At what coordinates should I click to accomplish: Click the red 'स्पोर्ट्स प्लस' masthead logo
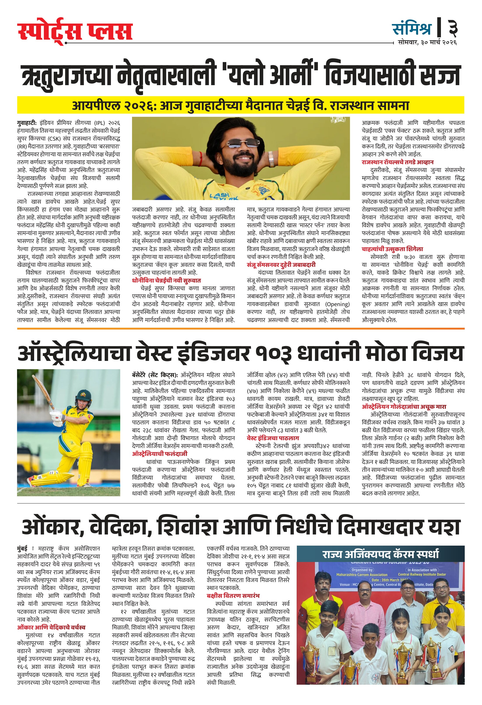pos(75,31)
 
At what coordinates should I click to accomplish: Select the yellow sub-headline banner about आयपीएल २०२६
pos(240,105)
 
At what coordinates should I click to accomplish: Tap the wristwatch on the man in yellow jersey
pos(271,159)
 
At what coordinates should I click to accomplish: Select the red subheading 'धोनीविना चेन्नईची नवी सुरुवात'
pos(166,280)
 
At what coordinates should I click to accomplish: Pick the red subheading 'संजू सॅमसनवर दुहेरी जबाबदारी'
pos(281,265)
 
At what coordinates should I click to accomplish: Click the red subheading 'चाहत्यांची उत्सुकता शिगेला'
pos(392,249)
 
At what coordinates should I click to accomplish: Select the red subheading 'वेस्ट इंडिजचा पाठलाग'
pos(273,438)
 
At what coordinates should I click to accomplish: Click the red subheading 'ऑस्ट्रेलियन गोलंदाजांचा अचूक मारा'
pos(404,407)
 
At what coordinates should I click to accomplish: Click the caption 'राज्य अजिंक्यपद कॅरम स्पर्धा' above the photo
pos(380,554)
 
